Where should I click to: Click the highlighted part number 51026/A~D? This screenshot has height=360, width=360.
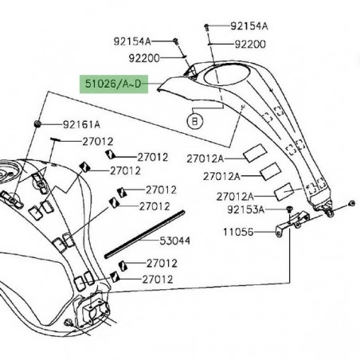coord(112,83)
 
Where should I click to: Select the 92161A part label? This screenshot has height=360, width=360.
coord(82,124)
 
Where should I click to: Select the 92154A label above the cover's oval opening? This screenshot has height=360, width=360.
coord(249,25)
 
